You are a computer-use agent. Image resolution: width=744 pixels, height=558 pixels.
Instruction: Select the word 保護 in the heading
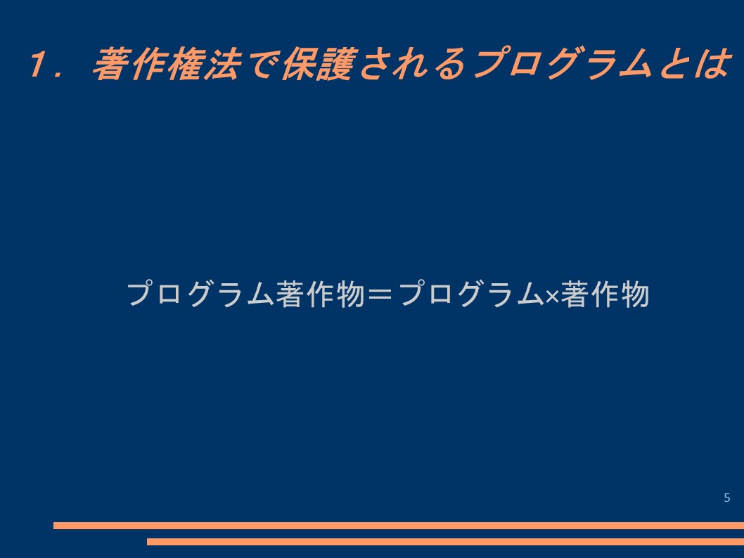pyautogui.click(x=319, y=63)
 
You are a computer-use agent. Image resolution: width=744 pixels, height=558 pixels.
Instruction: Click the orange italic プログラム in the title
pyautogui.click(x=563, y=63)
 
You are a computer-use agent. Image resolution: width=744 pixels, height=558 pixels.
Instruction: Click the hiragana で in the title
pyautogui.click(x=262, y=63)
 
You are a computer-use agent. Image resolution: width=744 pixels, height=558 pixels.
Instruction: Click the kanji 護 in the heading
pyautogui.click(x=337, y=63)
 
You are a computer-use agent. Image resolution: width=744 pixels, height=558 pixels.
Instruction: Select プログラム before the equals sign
pyautogui.click(x=200, y=294)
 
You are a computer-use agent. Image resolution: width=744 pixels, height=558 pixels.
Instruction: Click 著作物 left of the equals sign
pyautogui.click(x=320, y=294)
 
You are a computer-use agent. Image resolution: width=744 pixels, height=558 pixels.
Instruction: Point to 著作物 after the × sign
pyautogui.click(x=605, y=294)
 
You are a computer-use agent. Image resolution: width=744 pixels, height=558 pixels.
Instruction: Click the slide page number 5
pyautogui.click(x=727, y=498)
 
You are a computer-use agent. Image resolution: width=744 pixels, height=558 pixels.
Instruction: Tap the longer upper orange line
pyautogui.click(x=399, y=525)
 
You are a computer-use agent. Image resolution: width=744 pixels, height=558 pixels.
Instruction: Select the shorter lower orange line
pyautogui.click(x=446, y=541)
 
